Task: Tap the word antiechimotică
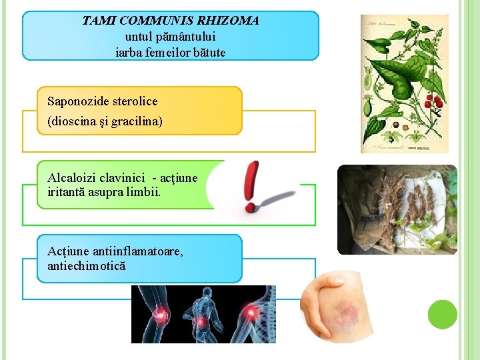[x=87, y=266]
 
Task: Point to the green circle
[x=442, y=314]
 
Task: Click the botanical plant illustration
[x=404, y=83]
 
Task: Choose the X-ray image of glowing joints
[x=203, y=314]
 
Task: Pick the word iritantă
[x=69, y=193]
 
